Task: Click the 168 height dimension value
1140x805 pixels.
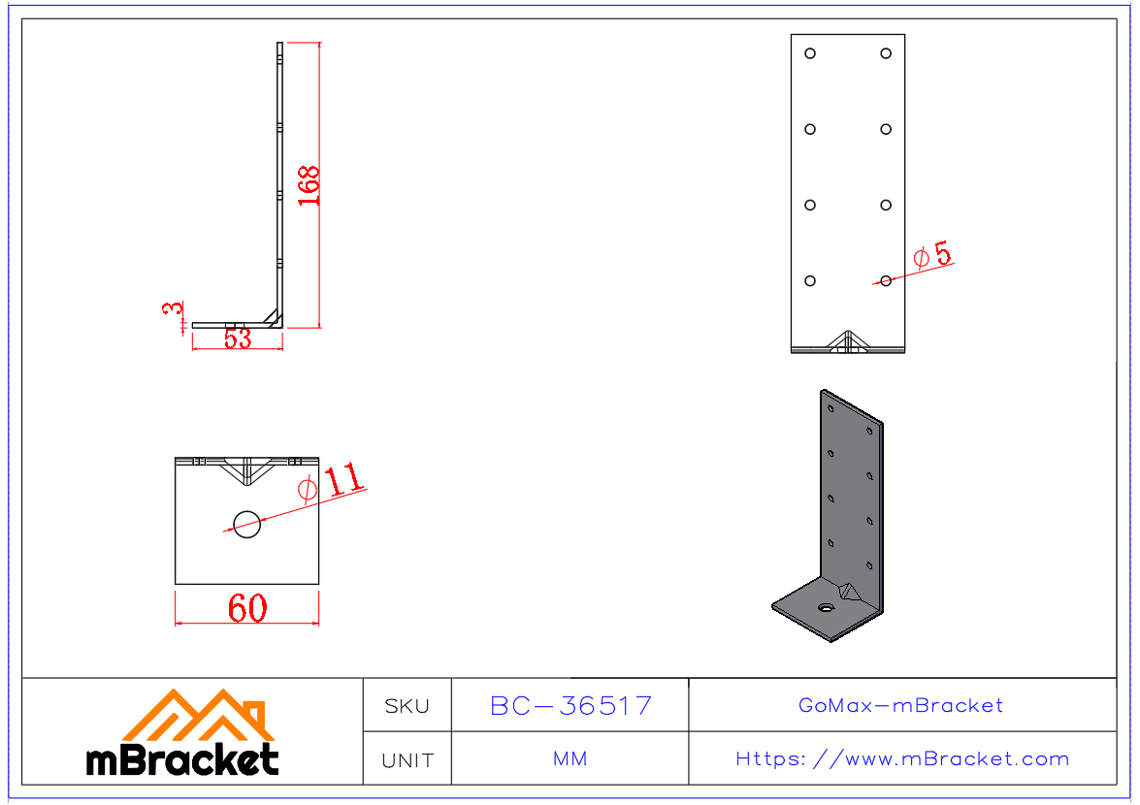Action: (309, 185)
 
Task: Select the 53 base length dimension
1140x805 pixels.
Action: (238, 338)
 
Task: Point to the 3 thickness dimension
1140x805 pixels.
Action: (174, 308)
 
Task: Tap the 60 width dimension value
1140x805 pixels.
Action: (247, 608)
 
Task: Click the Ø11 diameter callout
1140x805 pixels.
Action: (331, 482)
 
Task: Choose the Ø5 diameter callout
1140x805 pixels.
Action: (932, 255)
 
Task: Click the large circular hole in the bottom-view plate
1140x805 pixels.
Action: (247, 524)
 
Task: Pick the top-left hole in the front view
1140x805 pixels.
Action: (810, 53)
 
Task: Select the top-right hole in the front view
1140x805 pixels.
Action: (886, 53)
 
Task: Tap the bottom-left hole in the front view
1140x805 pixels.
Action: (810, 281)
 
